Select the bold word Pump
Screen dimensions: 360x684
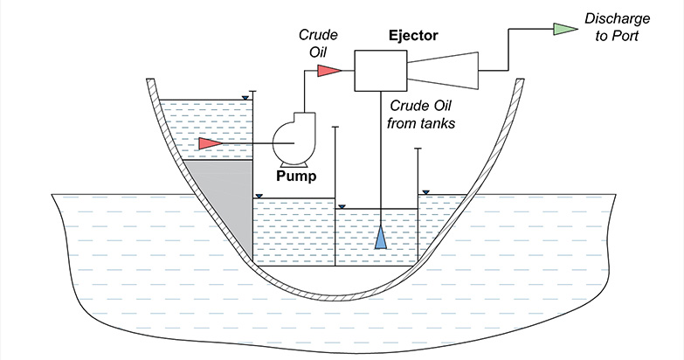294,175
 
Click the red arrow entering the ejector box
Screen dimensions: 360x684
328,70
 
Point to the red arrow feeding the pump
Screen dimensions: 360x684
211,142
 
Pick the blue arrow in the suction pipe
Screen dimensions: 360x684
381,238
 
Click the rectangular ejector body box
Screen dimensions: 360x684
381,70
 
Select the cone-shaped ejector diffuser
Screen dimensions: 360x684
446,70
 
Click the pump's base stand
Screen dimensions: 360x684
293,163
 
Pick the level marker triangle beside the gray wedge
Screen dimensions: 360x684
258,196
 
